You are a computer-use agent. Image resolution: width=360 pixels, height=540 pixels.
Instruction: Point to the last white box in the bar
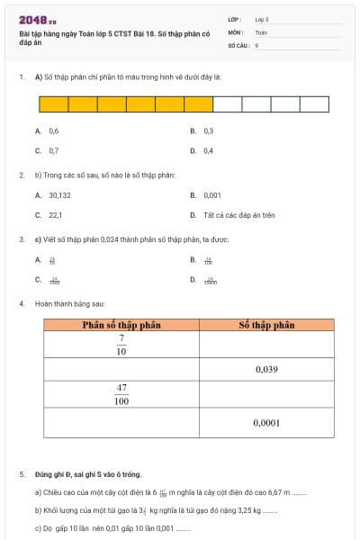coord(314,104)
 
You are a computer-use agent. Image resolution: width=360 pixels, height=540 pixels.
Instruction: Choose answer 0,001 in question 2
coord(211,194)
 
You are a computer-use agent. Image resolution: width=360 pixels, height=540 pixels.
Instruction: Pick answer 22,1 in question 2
coord(55,215)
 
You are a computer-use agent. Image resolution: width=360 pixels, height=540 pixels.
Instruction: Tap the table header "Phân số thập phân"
coord(121,325)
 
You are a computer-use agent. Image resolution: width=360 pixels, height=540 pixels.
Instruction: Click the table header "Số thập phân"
coord(266,325)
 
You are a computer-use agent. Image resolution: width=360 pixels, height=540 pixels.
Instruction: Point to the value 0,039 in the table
coord(266,369)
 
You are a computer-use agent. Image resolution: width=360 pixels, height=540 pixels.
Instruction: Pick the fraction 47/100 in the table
coord(121,394)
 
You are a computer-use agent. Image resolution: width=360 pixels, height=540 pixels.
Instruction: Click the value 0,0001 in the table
coord(266,421)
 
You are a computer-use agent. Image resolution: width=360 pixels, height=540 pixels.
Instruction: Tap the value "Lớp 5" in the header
coord(262,18)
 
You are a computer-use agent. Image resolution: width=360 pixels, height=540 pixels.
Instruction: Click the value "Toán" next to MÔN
coord(261,31)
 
